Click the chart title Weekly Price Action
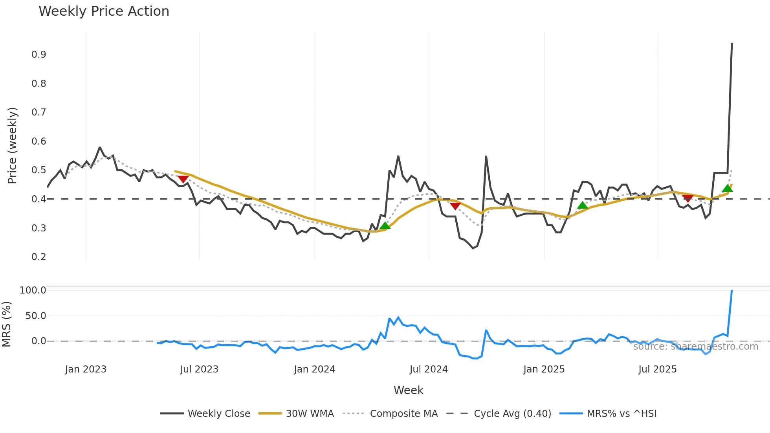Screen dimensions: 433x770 (x=104, y=11)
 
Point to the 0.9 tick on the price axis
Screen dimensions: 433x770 (x=39, y=55)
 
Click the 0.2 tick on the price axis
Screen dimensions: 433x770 (x=39, y=257)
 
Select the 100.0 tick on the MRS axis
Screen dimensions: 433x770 (x=33, y=290)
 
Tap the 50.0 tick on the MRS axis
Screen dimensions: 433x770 (x=36, y=316)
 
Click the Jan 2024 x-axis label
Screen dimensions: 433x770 (x=314, y=369)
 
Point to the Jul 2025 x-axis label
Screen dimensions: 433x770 (x=657, y=369)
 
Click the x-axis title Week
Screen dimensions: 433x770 (x=408, y=390)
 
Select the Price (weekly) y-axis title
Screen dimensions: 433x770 (x=12, y=145)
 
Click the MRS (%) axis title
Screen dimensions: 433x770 (x=6, y=324)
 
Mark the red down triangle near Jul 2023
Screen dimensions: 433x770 (x=183, y=179)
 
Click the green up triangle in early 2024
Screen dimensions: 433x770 (x=385, y=226)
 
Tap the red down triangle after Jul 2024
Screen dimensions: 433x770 (x=455, y=206)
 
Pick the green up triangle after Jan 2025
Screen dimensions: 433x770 (x=583, y=205)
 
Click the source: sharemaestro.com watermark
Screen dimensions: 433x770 (x=695, y=347)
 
